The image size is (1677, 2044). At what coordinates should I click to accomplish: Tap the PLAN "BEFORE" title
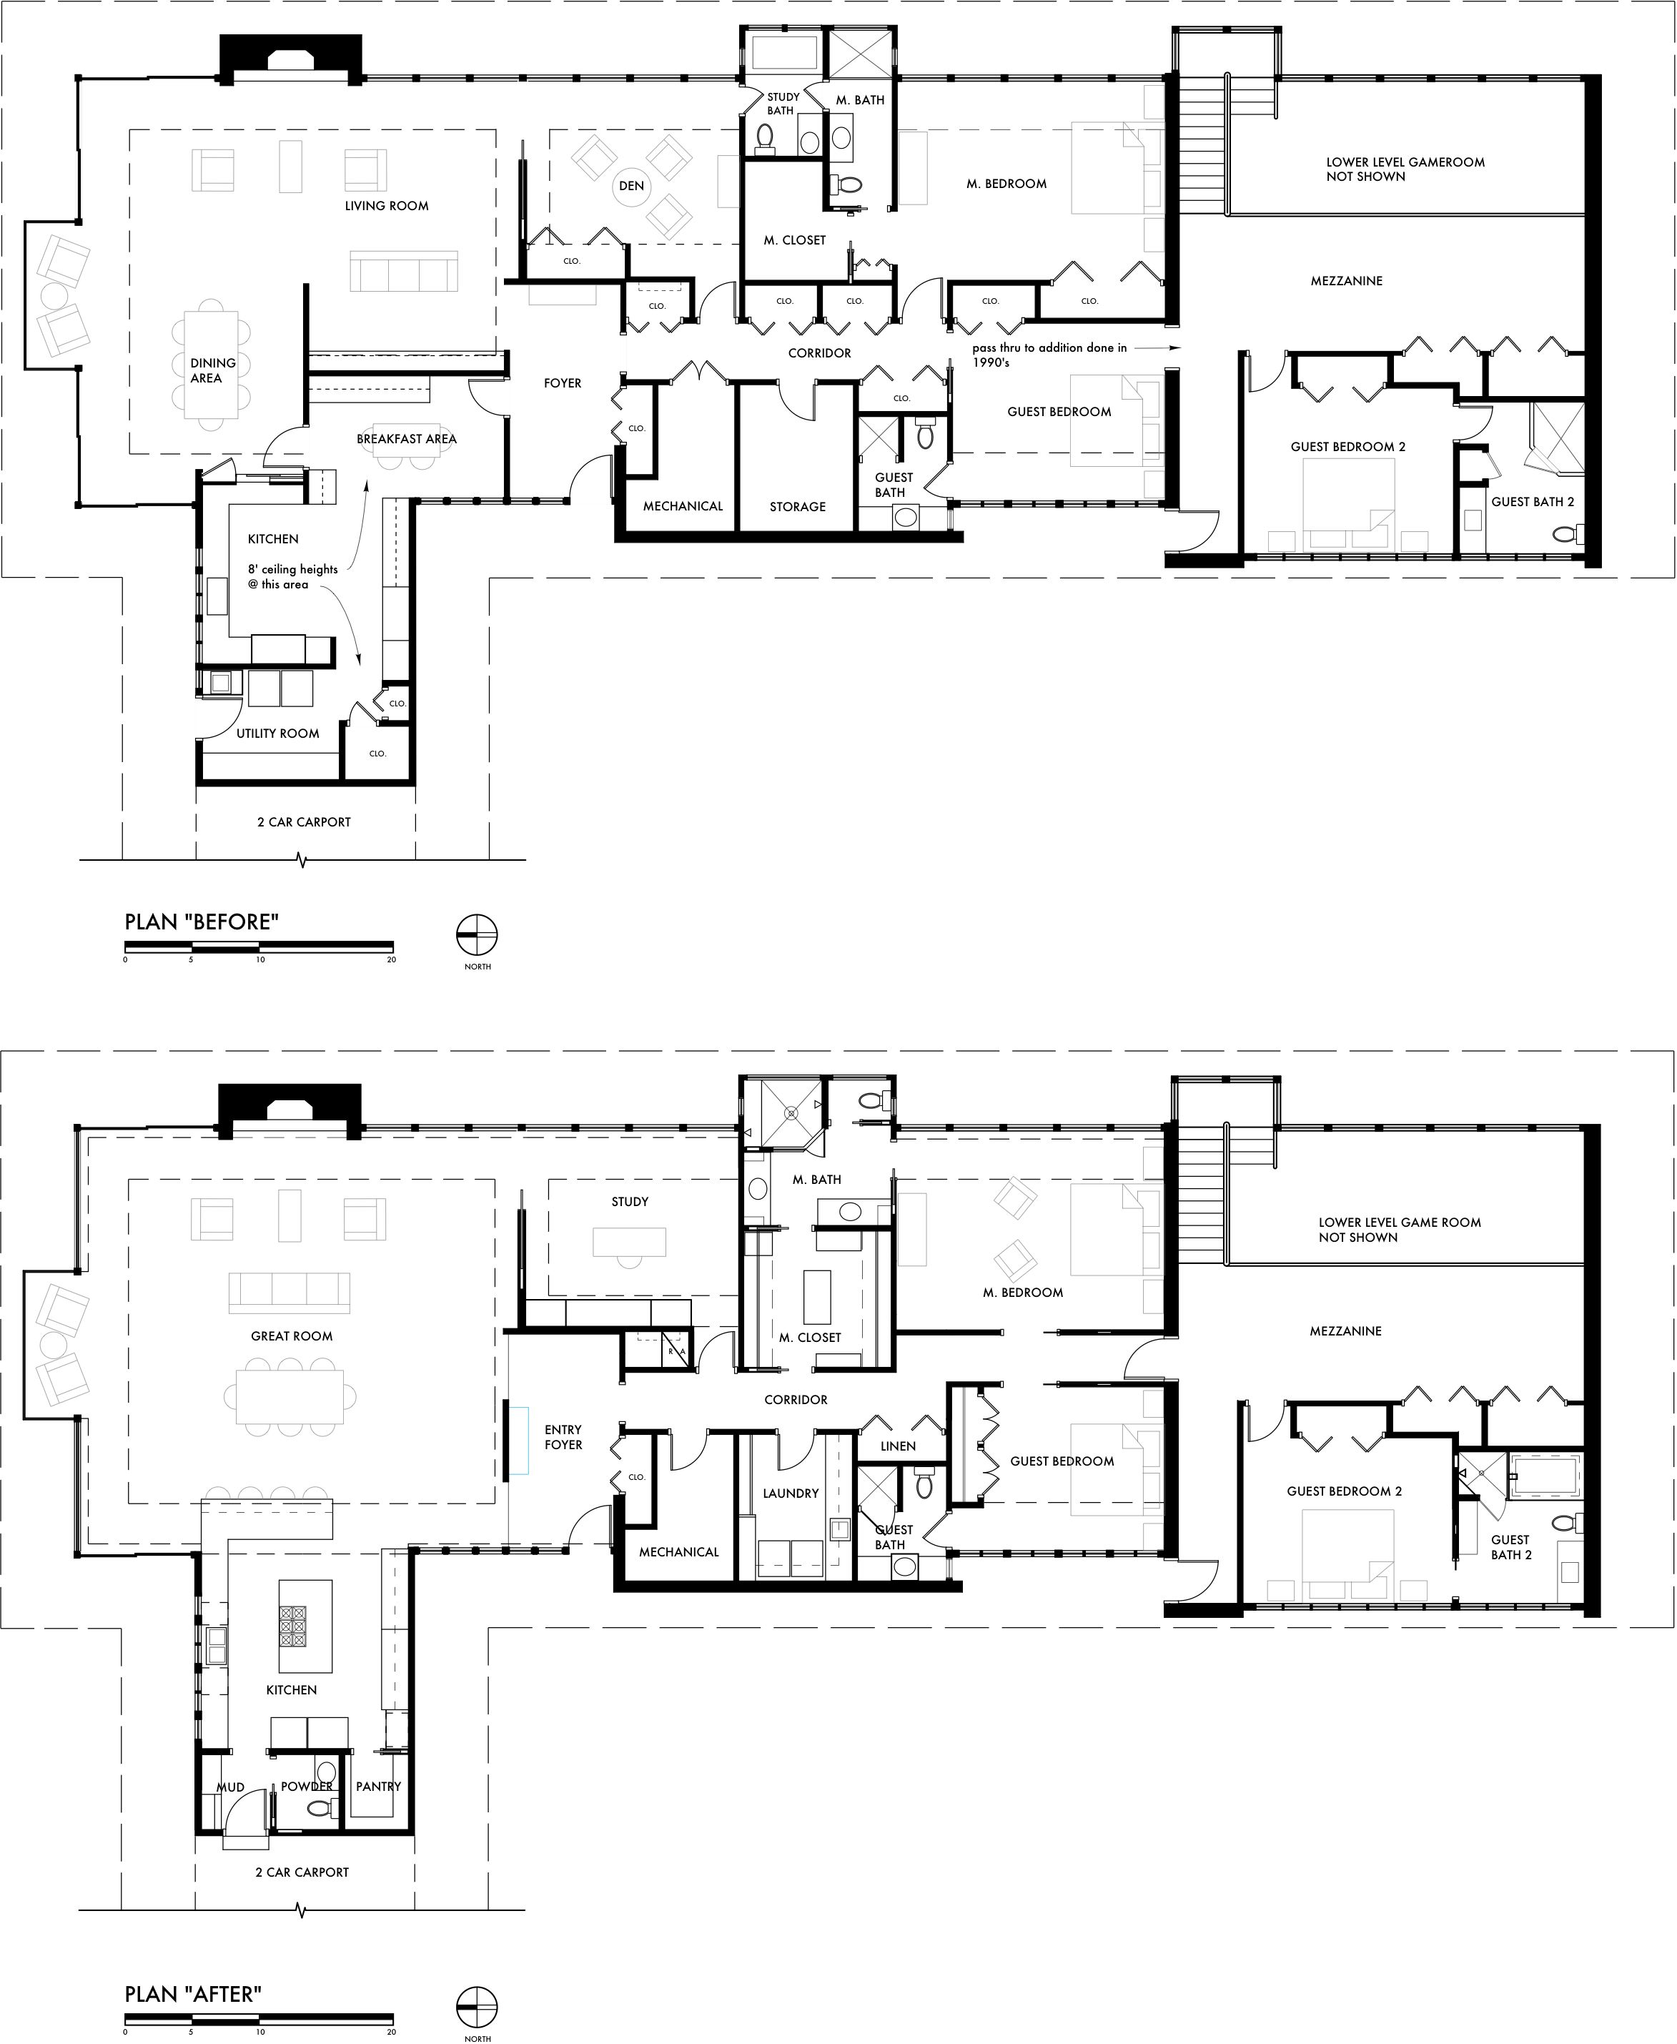(202, 922)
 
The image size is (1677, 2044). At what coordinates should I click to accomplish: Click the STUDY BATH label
(783, 104)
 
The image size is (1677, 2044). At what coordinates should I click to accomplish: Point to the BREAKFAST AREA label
(407, 438)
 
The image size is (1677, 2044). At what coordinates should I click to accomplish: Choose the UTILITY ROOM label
(278, 734)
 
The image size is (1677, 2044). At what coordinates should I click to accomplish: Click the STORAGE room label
(798, 506)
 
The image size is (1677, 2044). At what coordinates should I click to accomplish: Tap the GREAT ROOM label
(292, 1336)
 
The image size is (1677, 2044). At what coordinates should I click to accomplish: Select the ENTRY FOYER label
(563, 1436)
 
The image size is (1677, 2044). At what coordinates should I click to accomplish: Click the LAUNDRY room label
(791, 1493)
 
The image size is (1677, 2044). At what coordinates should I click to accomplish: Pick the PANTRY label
(377, 1786)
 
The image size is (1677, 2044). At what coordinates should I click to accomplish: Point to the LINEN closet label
(899, 1446)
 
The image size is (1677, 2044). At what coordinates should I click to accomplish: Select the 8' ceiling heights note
(292, 577)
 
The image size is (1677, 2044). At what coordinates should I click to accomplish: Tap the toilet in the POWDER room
(322, 1808)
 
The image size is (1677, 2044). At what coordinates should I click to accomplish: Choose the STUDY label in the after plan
(630, 1202)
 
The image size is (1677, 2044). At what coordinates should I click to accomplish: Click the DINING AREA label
(212, 370)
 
